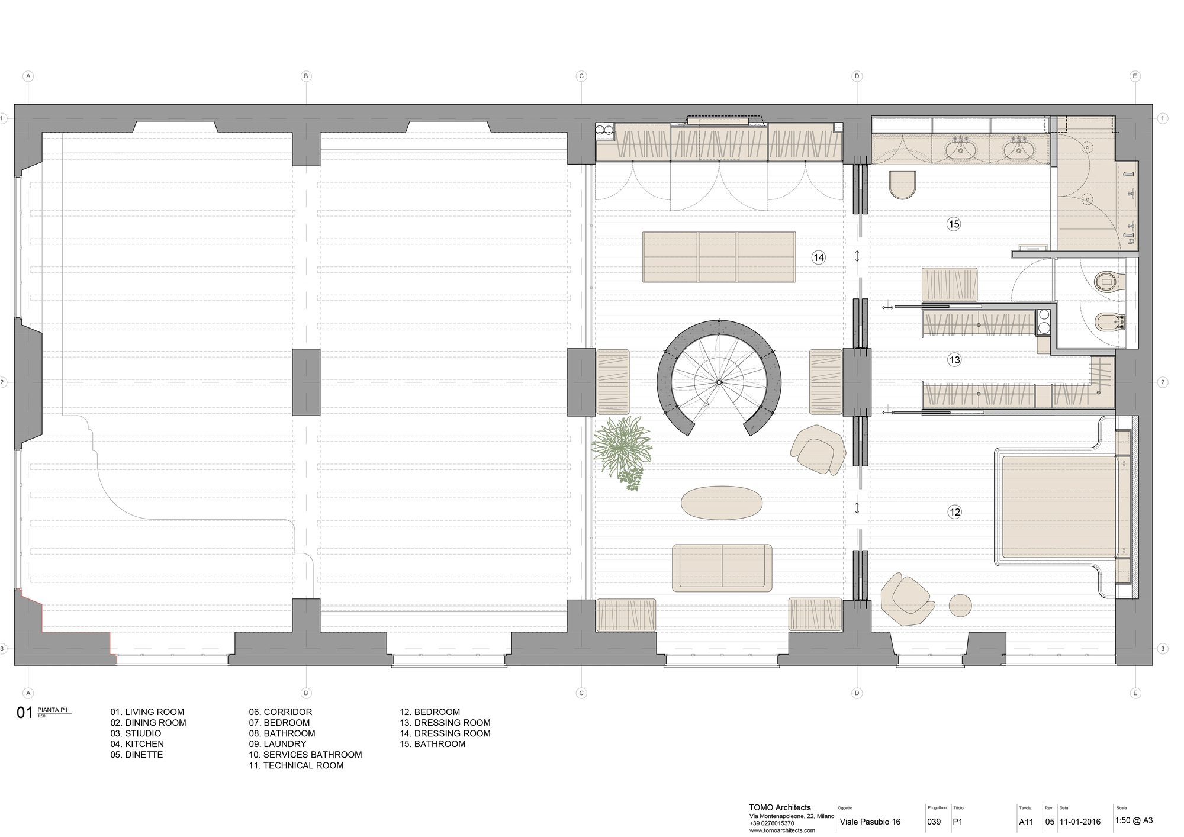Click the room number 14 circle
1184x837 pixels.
pyautogui.click(x=818, y=257)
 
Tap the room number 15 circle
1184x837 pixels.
pyautogui.click(x=953, y=224)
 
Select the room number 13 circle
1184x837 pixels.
pyautogui.click(x=954, y=360)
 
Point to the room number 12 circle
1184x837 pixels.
pyautogui.click(x=954, y=512)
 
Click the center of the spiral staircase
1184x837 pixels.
pyautogui.click(x=719, y=382)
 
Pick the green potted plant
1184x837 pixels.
pyautogui.click(x=622, y=448)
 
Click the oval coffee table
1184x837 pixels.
pyautogui.click(x=721, y=503)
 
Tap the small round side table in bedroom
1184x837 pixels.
pyautogui.click(x=960, y=606)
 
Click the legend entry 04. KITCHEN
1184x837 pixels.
pyautogui.click(x=137, y=744)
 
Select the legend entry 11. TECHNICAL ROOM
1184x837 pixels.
pyautogui.click(x=296, y=765)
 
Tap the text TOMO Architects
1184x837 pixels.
pyautogui.click(x=780, y=807)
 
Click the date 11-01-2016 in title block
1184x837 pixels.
pyautogui.click(x=1080, y=822)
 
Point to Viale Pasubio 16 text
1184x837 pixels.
pyautogui.click(x=870, y=822)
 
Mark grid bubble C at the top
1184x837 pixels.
pyautogui.click(x=581, y=76)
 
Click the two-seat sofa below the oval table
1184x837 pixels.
pyautogui.click(x=722, y=568)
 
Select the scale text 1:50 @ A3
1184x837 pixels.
pyautogui.click(x=1133, y=820)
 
